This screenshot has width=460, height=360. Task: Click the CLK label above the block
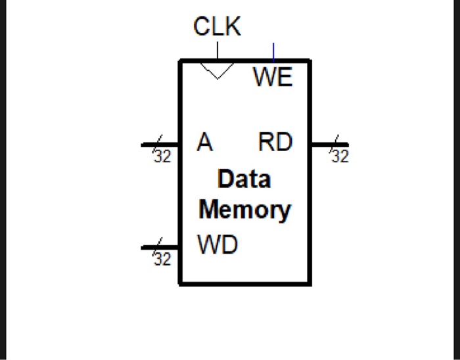pos(217,27)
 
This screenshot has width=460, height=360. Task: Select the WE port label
pos(273,78)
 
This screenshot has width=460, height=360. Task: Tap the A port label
pos(205,143)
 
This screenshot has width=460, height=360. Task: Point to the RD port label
pos(275,143)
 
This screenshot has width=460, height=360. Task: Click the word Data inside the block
pos(244,179)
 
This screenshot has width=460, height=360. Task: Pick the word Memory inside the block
pos(244,210)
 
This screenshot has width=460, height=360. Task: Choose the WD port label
pos(218,246)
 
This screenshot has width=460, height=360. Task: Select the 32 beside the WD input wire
pos(162,260)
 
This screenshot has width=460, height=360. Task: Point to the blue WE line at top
pos(273,51)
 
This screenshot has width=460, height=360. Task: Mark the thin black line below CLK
pos(218,51)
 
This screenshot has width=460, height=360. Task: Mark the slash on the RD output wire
pos(336,143)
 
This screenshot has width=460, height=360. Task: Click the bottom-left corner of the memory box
pos(181,283)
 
